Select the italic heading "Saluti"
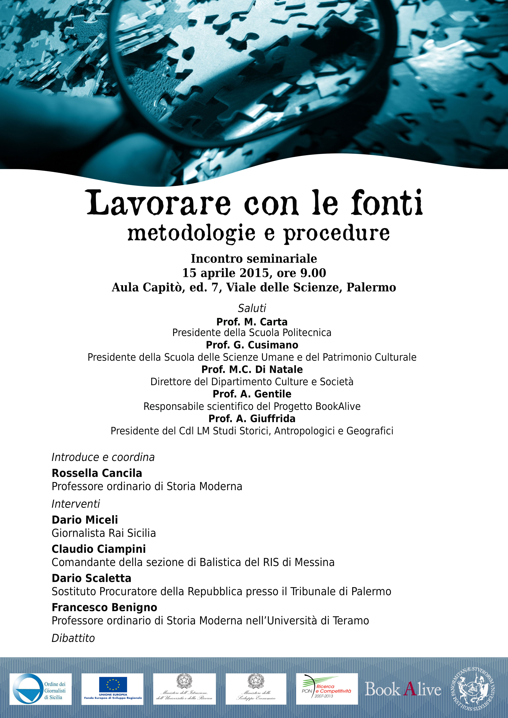(x=252, y=308)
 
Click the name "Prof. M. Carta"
(x=252, y=322)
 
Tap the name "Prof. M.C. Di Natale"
(x=252, y=370)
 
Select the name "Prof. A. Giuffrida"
(x=252, y=419)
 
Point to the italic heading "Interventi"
(x=76, y=504)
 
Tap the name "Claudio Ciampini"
(x=99, y=549)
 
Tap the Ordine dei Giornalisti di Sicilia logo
(x=40, y=689)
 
